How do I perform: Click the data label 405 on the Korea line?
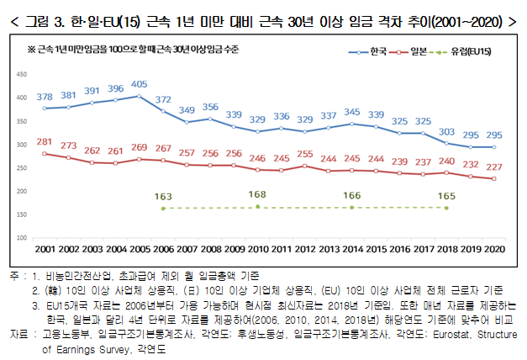pos(140,84)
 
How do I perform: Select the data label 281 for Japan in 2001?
pos(45,141)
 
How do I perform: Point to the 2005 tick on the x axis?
pos(140,249)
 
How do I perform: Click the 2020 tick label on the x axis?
pos(494,249)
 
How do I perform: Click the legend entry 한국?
pos(376,52)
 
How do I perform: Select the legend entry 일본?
pos(419,52)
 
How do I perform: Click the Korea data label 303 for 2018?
pos(446,132)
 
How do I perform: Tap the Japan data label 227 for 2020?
pos(494,167)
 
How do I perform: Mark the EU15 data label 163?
pos(163,196)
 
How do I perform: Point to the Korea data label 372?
pos(163,99)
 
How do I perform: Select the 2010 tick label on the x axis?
pos(257,249)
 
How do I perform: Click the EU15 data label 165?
pos(446,196)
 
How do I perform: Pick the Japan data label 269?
pos(140,147)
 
